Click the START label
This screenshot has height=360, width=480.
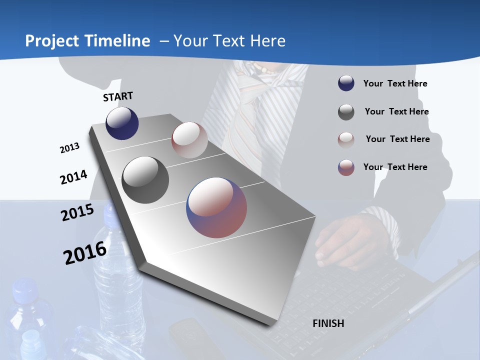click(118, 96)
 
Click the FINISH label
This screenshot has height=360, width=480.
click(328, 323)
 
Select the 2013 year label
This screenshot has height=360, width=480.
click(69, 148)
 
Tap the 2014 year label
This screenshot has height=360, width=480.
click(73, 177)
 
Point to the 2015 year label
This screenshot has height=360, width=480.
click(77, 212)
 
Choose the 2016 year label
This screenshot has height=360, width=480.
click(84, 252)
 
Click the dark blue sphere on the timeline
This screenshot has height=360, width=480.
click(122, 123)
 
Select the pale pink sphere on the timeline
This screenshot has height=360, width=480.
click(189, 140)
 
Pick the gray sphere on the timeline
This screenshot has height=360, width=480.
click(145, 180)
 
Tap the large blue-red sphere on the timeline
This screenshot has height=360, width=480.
click(216, 207)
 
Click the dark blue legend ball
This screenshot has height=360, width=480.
click(346, 83)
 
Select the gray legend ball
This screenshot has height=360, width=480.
click(346, 112)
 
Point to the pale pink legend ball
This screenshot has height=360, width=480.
click(346, 139)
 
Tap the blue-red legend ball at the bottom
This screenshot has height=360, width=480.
click(346, 167)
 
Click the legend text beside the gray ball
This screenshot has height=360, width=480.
click(396, 111)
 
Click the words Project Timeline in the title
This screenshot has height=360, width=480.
click(87, 41)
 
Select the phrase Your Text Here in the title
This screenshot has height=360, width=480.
click(229, 41)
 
